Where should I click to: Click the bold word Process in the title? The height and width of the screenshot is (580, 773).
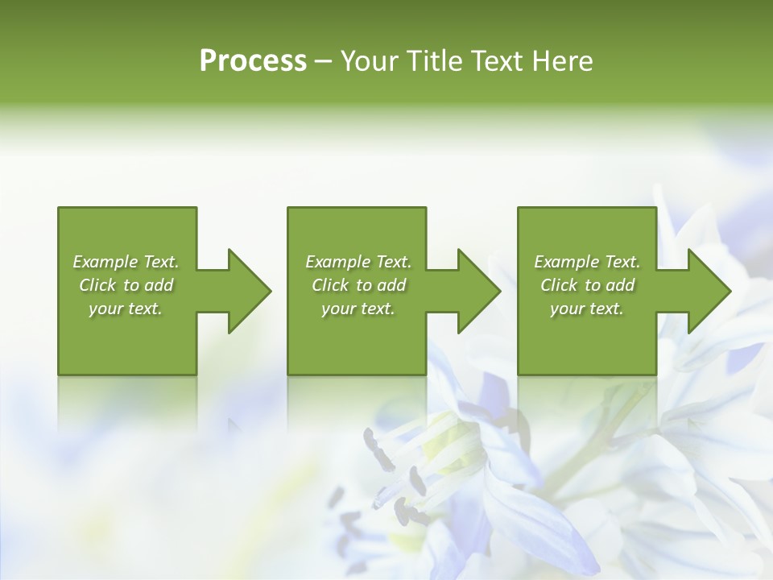pyautogui.click(x=253, y=61)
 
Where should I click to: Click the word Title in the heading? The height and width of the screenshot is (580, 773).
pyautogui.click(x=432, y=61)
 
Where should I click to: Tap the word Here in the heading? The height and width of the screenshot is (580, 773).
pyautogui.click(x=564, y=61)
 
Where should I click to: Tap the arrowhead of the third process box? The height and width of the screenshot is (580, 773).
pyautogui.click(x=708, y=291)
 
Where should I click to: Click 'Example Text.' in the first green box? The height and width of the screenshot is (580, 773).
pyautogui.click(x=126, y=262)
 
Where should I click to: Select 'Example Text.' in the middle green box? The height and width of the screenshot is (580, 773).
pyautogui.click(x=358, y=262)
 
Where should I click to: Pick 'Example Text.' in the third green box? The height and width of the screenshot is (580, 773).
pyautogui.click(x=587, y=262)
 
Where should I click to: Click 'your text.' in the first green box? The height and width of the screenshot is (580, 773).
pyautogui.click(x=126, y=309)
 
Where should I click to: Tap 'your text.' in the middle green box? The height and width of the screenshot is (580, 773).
pyautogui.click(x=358, y=309)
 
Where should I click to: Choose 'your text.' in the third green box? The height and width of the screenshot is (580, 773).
pyautogui.click(x=587, y=309)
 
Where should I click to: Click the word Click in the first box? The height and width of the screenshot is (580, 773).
pyautogui.click(x=97, y=285)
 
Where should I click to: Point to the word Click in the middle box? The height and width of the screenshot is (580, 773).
pyautogui.click(x=330, y=285)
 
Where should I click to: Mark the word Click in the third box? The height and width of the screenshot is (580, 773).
pyautogui.click(x=559, y=285)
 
